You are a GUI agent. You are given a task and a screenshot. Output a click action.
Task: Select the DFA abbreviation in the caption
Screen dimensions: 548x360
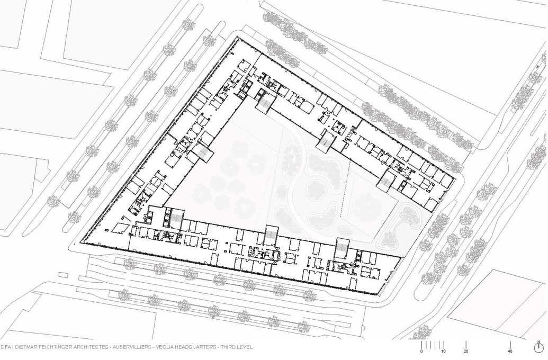point(6,347)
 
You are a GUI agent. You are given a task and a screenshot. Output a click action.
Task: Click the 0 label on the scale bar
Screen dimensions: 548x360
point(421,351)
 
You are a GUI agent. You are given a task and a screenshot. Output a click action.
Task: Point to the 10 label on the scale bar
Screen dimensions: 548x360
point(444,351)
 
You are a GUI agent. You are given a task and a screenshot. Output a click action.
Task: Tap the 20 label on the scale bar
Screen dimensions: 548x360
point(466,351)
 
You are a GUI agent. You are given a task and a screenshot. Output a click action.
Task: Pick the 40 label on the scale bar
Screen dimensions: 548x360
point(510,351)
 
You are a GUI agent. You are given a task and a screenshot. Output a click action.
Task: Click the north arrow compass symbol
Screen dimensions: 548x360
point(538,347)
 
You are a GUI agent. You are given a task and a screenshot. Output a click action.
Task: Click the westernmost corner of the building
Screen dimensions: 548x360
point(80,242)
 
